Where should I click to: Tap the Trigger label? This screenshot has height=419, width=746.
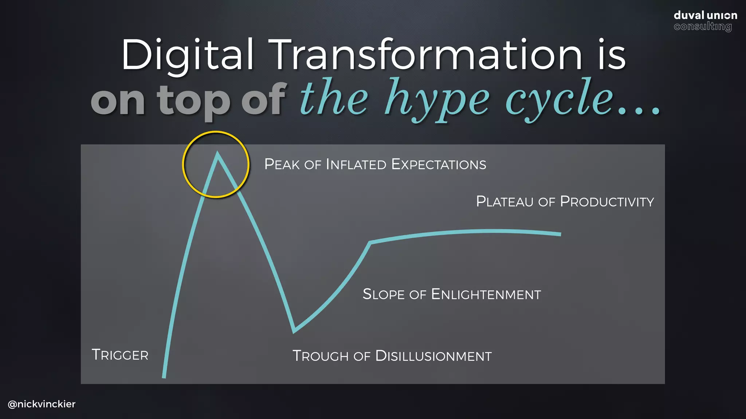click(120, 355)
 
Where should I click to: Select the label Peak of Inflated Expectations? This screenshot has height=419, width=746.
click(375, 164)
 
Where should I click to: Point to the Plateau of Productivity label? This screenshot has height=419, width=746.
click(565, 201)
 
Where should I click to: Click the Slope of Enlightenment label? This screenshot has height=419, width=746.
click(452, 294)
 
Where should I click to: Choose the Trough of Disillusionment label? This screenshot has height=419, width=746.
click(392, 356)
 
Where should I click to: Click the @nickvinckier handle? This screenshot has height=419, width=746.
click(42, 404)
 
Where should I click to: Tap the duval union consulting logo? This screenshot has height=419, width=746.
click(705, 21)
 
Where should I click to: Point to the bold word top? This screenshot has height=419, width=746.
click(194, 100)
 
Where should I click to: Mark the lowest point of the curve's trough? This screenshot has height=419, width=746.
click(294, 331)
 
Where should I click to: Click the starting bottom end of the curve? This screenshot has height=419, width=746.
click(164, 377)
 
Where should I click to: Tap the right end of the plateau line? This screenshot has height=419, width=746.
click(560, 234)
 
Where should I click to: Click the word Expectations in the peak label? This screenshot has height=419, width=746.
click(439, 164)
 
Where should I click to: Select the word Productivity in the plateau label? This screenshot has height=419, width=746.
click(607, 201)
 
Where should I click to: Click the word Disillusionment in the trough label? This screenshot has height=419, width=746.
click(433, 356)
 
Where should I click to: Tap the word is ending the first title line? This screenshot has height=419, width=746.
click(612, 55)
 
